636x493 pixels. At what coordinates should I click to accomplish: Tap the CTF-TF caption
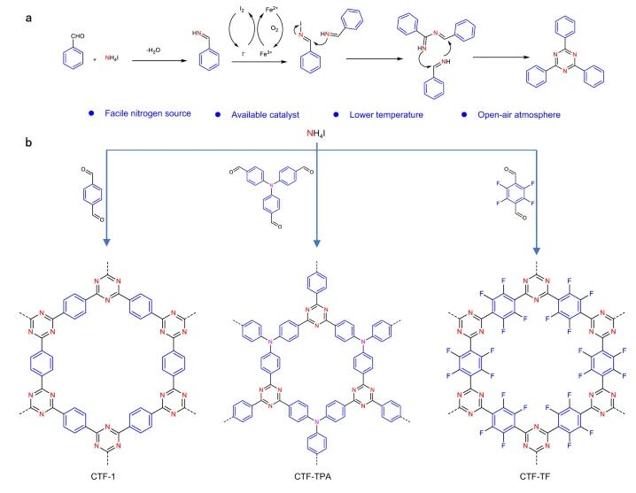[538, 479]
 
